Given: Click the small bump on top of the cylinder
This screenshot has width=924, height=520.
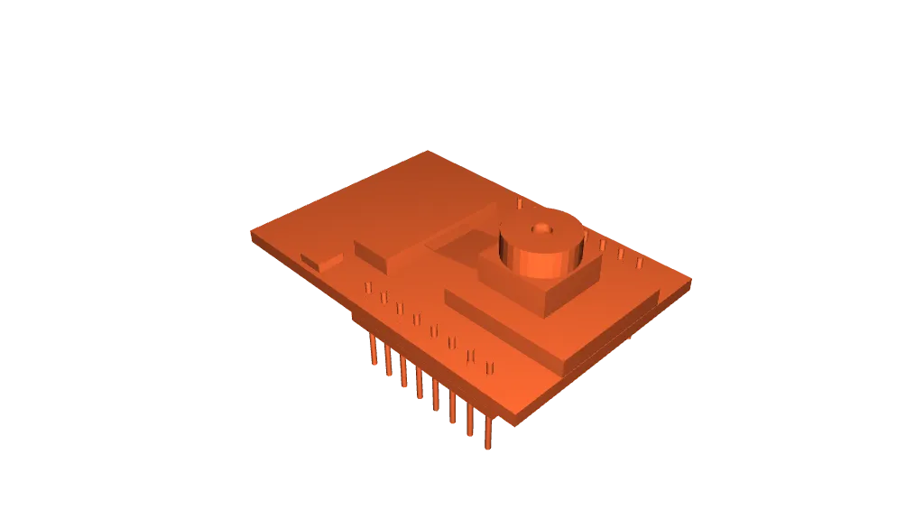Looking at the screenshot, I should click(x=541, y=229).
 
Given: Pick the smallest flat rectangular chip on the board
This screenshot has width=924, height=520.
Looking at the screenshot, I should click(x=322, y=261).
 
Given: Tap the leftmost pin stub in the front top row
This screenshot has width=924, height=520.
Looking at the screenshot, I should click(x=367, y=287).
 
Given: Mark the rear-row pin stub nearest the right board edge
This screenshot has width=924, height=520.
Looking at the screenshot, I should click(x=639, y=264).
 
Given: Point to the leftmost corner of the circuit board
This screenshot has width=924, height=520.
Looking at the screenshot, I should click(x=250, y=234).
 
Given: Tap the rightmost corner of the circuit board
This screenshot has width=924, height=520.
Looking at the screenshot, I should click(x=691, y=280).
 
